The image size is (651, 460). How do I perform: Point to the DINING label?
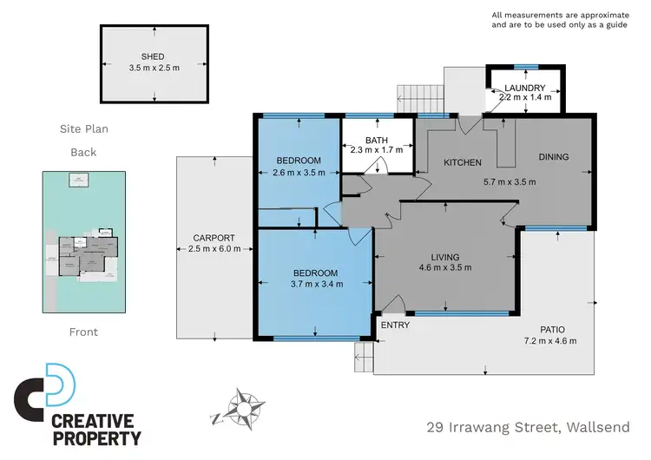[x=553, y=157]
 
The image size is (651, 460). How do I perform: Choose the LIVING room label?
[x=444, y=257]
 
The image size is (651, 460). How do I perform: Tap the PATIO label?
[x=552, y=330]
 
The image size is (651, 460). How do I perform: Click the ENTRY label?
[x=395, y=325]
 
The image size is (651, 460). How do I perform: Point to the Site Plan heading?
[x=83, y=129]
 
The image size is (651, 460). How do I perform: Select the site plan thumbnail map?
[x=84, y=241]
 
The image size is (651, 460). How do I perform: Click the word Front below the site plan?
[x=83, y=332]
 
